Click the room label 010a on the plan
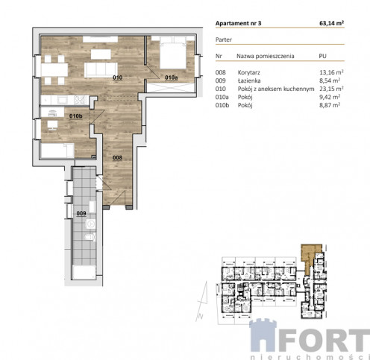pyautogui.click(x=172, y=78)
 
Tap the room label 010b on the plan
pyautogui.click(x=76, y=116)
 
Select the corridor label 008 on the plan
pyautogui.click(x=117, y=157)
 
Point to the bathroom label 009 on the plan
pyautogui.click(x=81, y=213)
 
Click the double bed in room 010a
pyautogui.click(x=173, y=53)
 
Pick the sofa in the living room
pyautogui.click(x=101, y=70)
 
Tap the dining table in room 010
pyautogui.click(x=54, y=70)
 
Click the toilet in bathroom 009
pyautogui.click(x=90, y=237)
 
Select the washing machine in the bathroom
pyautogui.click(x=91, y=224)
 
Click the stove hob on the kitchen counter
pyautogui.click(x=79, y=100)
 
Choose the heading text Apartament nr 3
pyautogui.click(x=238, y=23)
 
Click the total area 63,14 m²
pyautogui.click(x=331, y=23)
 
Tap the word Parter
pyautogui.click(x=224, y=40)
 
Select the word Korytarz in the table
pyautogui.click(x=248, y=72)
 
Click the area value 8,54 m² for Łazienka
pyautogui.click(x=330, y=80)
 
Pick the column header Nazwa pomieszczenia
pyautogui.click(x=266, y=56)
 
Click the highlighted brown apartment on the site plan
pyautogui.click(x=310, y=257)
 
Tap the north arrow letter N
pyautogui.click(x=201, y=317)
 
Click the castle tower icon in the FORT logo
pyautogui.click(x=263, y=335)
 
